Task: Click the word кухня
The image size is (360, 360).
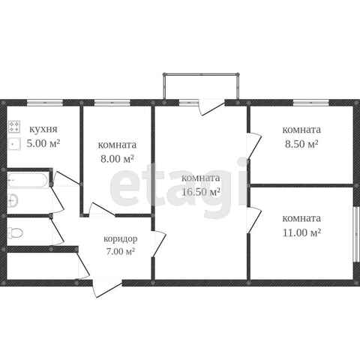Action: point(43,130)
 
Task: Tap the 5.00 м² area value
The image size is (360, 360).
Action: point(43,143)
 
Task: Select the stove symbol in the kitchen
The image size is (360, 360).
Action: point(14,127)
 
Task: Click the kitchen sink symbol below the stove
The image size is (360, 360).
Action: point(14,144)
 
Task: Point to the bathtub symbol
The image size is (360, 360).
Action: point(28,180)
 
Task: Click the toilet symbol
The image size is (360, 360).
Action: point(16,233)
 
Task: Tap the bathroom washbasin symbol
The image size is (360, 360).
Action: point(13,201)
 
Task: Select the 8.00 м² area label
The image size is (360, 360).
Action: point(117,158)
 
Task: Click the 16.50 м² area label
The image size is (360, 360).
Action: point(201,192)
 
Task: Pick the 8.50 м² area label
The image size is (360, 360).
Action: point(301,144)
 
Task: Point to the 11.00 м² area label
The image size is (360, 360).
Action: point(301,232)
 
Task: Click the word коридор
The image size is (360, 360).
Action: point(121,239)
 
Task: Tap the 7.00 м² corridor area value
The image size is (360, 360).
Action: point(121,251)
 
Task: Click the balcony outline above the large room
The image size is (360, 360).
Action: point(201,74)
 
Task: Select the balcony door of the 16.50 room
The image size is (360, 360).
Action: point(212,108)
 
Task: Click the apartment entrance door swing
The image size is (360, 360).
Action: point(107,290)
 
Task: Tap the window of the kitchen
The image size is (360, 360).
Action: point(45,103)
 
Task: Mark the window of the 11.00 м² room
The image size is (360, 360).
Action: point(355,234)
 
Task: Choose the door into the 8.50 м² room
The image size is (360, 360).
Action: point(254,146)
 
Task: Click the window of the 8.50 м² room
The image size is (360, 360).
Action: point(311,103)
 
